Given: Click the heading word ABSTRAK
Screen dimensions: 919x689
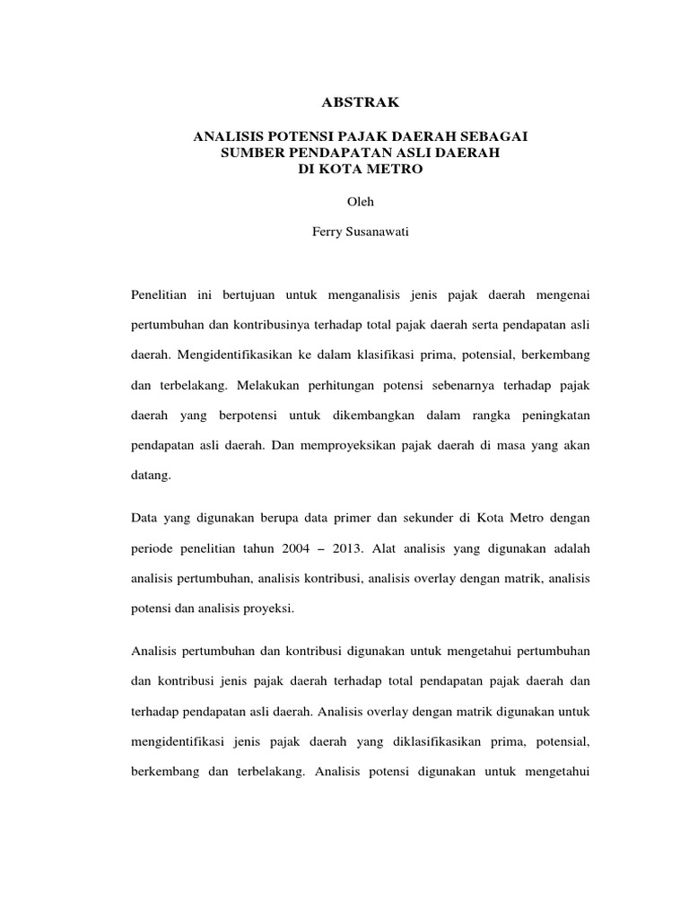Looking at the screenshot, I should [360, 103].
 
